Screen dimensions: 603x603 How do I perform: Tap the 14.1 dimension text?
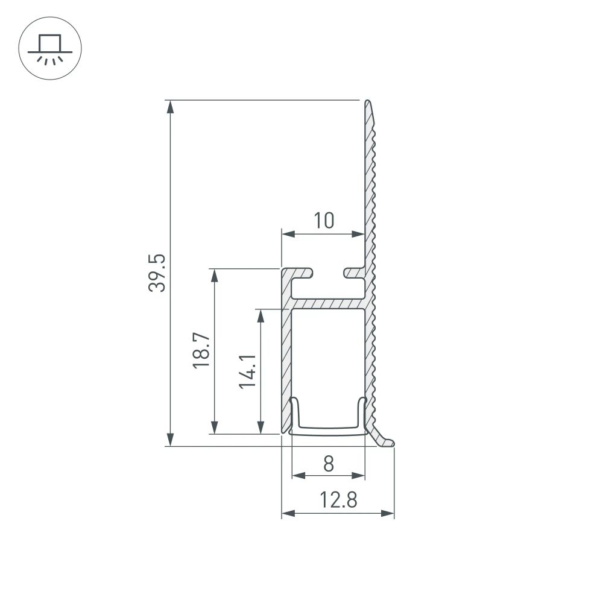tap(248, 371)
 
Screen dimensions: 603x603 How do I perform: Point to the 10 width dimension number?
tap(324, 221)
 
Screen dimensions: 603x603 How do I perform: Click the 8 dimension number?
tap(328, 464)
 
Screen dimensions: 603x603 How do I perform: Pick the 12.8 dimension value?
tap(338, 500)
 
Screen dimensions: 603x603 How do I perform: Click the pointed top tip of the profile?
tap(367, 103)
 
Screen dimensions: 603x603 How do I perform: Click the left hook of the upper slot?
tap(305, 273)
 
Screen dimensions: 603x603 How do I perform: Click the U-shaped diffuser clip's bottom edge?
tap(329, 431)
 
